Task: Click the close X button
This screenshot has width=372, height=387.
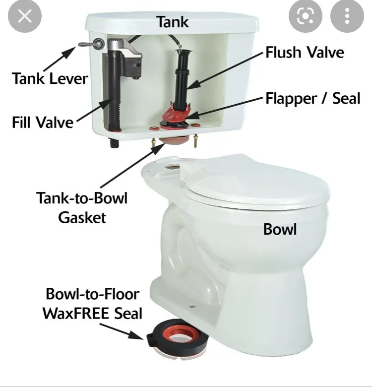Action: point(25,16)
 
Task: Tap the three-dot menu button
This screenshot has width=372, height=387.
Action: point(347,16)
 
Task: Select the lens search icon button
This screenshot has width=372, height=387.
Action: point(306,16)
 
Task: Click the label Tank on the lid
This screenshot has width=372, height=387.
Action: point(173,22)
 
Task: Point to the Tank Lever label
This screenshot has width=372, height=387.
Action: point(50,78)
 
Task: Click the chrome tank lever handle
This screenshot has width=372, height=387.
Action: point(91,44)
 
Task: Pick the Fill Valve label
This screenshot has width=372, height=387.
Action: point(43,122)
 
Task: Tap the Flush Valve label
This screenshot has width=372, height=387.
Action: point(305,52)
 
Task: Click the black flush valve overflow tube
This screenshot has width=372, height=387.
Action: point(183,79)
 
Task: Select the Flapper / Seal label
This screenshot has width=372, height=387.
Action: point(313,98)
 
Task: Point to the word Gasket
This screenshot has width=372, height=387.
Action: point(82,218)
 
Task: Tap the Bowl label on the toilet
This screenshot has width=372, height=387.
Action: point(280,229)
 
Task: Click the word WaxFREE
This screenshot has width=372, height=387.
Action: point(76,314)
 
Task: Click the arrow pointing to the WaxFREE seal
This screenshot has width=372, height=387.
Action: point(122,331)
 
